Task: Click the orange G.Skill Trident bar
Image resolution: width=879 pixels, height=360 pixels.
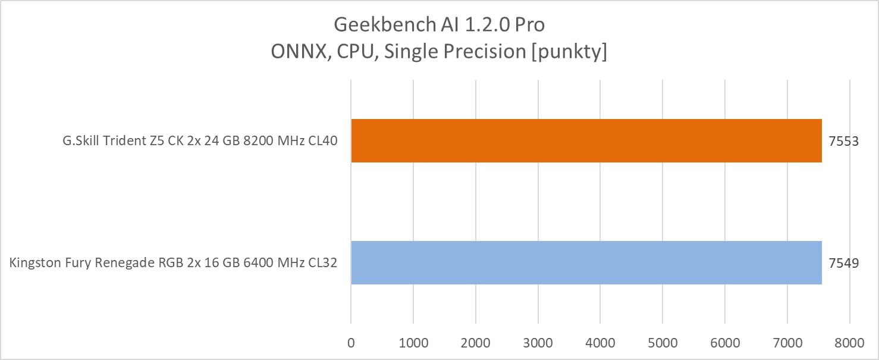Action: pos(586,141)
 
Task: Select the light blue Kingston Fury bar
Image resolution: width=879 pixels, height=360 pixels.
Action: pos(586,262)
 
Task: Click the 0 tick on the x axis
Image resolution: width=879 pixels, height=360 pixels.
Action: pos(351,343)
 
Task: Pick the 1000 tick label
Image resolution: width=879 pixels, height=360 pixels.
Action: pos(413,343)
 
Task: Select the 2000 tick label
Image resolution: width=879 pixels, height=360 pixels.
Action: pos(476,343)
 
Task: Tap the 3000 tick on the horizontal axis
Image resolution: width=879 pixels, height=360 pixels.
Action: pos(538,343)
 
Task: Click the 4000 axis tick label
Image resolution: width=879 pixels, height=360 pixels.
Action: pos(600,343)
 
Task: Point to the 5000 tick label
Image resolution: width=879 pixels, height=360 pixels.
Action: pos(663,343)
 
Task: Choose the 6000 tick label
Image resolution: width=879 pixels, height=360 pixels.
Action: pos(725,343)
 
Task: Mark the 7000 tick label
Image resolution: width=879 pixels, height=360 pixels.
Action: pos(787,343)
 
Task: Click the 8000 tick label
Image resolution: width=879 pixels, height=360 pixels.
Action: pos(849,343)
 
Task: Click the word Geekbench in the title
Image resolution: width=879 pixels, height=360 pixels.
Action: pos(377,25)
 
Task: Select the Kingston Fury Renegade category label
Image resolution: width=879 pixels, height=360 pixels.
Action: pos(173,263)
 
